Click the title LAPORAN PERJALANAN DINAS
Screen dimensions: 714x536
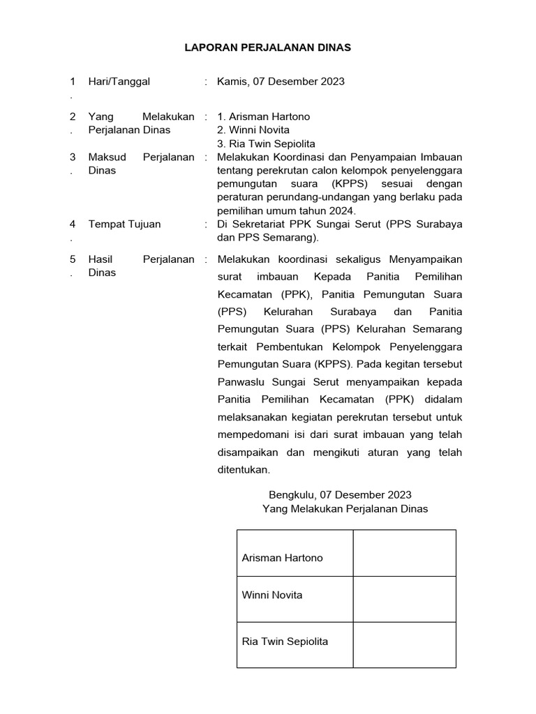(x=267, y=48)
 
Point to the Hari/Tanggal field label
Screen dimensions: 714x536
(x=119, y=82)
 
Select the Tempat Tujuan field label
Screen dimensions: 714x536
(x=124, y=224)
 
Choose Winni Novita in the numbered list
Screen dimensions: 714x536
(x=253, y=130)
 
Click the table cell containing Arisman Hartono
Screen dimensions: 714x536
(x=295, y=558)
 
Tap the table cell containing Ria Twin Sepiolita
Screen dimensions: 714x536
(x=295, y=641)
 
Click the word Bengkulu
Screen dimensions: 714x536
(x=292, y=495)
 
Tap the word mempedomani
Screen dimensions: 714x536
(x=250, y=434)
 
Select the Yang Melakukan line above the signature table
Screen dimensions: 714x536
(x=345, y=509)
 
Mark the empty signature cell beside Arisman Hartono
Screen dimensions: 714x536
(x=404, y=553)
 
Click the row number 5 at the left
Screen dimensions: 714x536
(x=72, y=259)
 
